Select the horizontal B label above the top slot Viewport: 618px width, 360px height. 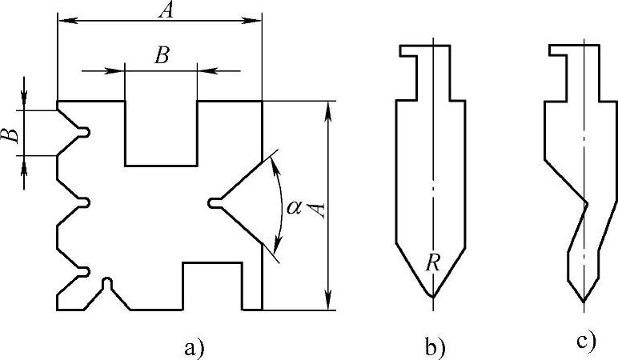tap(162, 55)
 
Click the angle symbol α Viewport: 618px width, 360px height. tap(295, 207)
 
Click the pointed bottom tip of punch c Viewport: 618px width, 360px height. tap(584, 301)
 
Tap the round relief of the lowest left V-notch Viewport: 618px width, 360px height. tap(86, 274)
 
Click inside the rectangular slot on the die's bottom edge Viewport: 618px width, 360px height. tap(213, 286)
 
